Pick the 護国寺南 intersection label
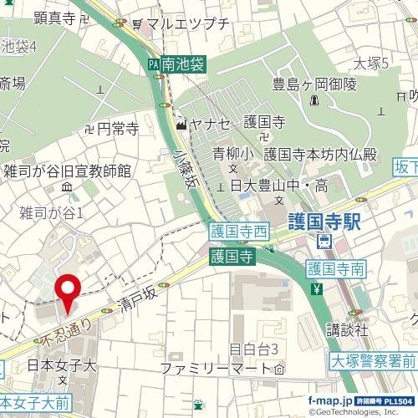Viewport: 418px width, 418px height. (335, 268)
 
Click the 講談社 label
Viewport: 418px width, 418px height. (347, 329)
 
